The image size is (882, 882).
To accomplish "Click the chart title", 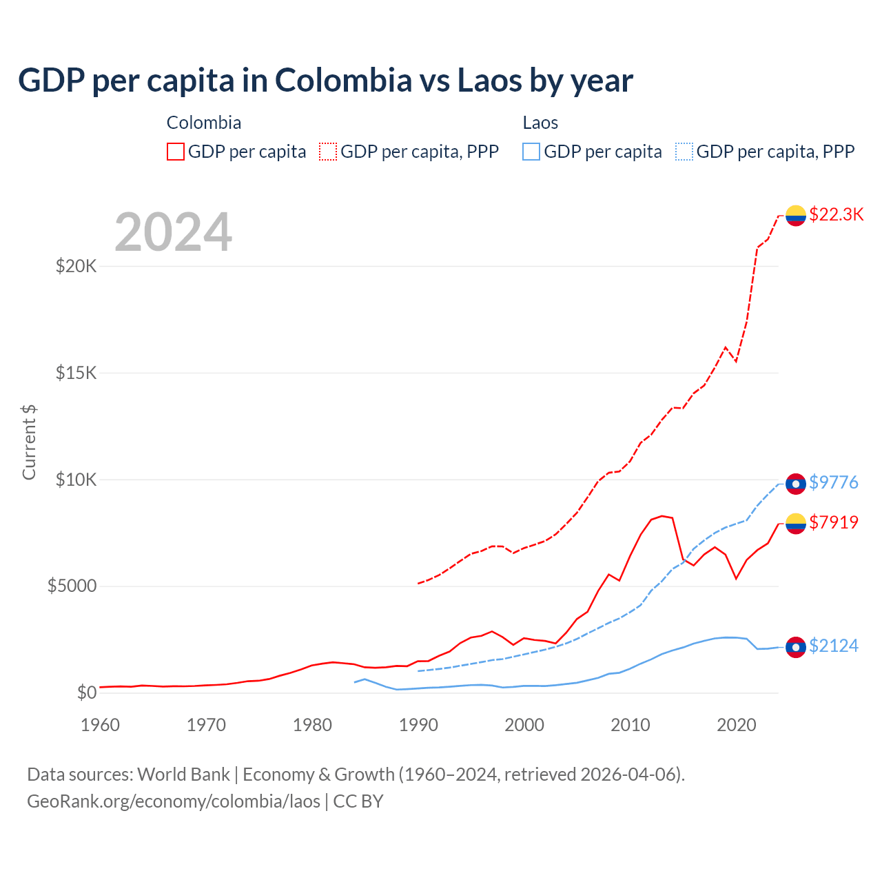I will pos(325,81).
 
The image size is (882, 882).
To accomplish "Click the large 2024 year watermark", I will pos(173,232).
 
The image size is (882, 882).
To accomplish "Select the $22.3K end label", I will pos(836,214).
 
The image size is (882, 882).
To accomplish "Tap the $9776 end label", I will pos(833,482).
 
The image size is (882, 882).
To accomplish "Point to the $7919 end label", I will pos(833,522).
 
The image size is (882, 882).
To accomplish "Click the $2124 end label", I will pos(833,646).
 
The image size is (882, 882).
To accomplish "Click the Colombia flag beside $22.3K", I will pos(796,216).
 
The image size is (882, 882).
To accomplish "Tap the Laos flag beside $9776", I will pos(796,484).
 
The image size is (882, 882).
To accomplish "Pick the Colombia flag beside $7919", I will pos(796,524).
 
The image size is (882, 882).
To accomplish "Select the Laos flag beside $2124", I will pos(796,647).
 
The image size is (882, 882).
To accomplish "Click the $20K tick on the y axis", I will pos(76,266).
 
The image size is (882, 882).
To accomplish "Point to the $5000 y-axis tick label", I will pos(72,586).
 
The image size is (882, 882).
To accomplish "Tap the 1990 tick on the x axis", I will pos(418,725).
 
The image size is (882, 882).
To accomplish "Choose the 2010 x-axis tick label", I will pos(630,725).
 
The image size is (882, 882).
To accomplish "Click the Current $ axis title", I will pos(29,442).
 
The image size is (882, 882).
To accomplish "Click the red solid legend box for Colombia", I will pos(176,152).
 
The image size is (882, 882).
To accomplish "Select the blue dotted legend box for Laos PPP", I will pos(684,152).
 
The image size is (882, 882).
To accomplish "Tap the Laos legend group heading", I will pos(540,123).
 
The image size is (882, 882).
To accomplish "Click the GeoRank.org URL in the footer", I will pos(174,801).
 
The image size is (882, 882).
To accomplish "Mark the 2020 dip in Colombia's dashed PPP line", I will pos(736,361).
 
